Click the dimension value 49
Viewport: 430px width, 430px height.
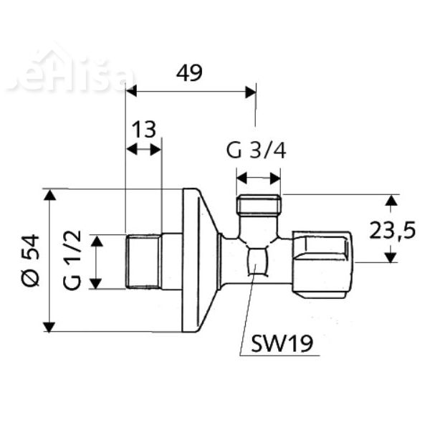[189, 72]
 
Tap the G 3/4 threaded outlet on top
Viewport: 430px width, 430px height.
[258, 206]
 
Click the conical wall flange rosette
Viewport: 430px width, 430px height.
[199, 261]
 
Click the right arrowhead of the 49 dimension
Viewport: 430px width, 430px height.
[251, 91]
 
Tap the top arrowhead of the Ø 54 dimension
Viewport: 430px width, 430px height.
[49, 195]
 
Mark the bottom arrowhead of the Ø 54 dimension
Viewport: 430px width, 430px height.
[49, 326]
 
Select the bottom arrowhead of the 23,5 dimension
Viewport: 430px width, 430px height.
[391, 257]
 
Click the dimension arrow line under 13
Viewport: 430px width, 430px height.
[143, 149]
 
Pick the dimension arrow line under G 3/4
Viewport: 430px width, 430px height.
[258, 177]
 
